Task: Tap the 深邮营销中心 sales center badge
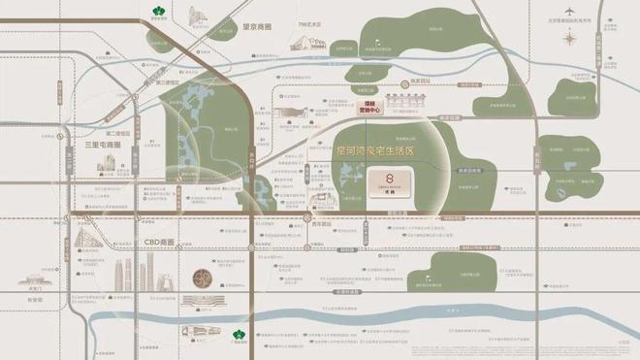coord(369,109)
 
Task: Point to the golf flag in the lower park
coord(474,271)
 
